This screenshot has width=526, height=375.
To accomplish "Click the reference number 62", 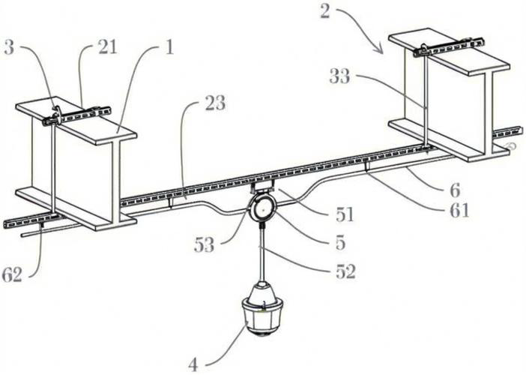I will coord(11,274).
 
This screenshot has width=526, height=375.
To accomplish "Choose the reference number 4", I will coord(193,365).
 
